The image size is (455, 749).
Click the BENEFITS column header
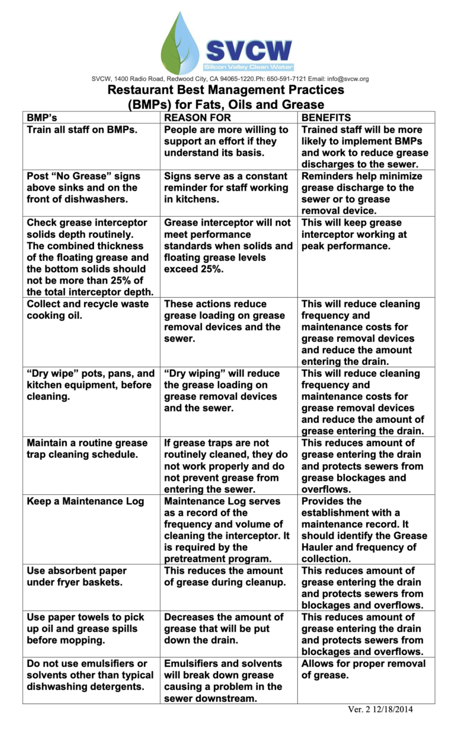click(x=326, y=117)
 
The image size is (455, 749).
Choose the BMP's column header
click(x=42, y=117)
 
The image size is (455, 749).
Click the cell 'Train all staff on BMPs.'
click(x=82, y=130)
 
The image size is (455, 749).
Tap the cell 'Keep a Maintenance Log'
click(x=85, y=502)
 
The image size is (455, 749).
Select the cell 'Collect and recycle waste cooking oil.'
click(x=88, y=310)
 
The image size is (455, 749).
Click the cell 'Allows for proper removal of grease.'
click(x=363, y=669)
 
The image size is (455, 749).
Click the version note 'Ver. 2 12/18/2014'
click(x=379, y=709)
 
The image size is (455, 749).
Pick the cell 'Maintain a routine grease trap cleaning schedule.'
click(x=87, y=449)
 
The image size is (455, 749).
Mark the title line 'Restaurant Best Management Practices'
click(x=226, y=91)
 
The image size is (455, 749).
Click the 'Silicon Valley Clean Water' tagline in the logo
click(x=248, y=67)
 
